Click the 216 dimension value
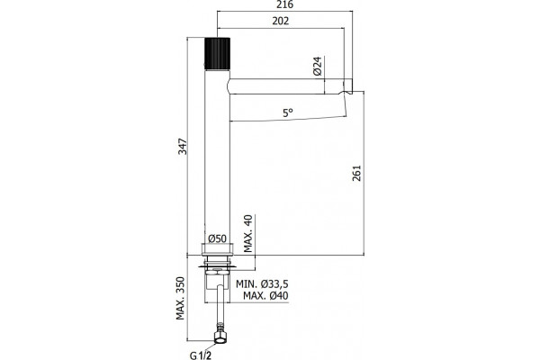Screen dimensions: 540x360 [285, 4]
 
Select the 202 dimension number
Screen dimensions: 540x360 [281, 21]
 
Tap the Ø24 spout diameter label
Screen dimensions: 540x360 [317, 66]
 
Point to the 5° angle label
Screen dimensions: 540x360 [288, 112]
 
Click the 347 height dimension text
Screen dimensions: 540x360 [183, 146]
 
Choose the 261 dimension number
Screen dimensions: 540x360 [356, 173]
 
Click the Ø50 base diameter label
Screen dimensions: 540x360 [217, 238]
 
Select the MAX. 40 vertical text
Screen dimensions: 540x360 [248, 234]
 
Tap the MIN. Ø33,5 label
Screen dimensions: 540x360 [262, 284]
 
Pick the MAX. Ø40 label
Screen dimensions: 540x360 [265, 295]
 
